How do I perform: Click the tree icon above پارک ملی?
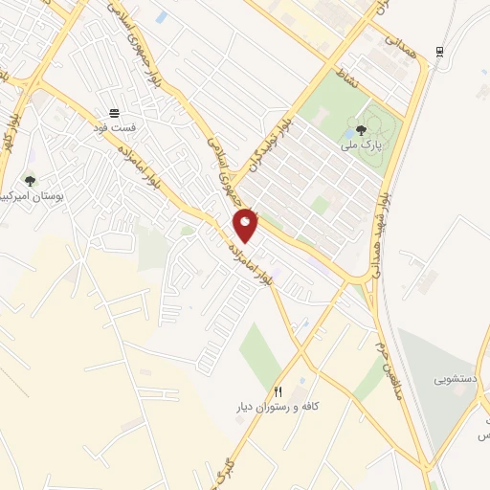point(361,130)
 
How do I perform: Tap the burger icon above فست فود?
point(115,112)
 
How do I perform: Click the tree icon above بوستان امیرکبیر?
point(30,180)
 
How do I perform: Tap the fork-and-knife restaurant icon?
point(278,390)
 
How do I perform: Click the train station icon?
point(439,51)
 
